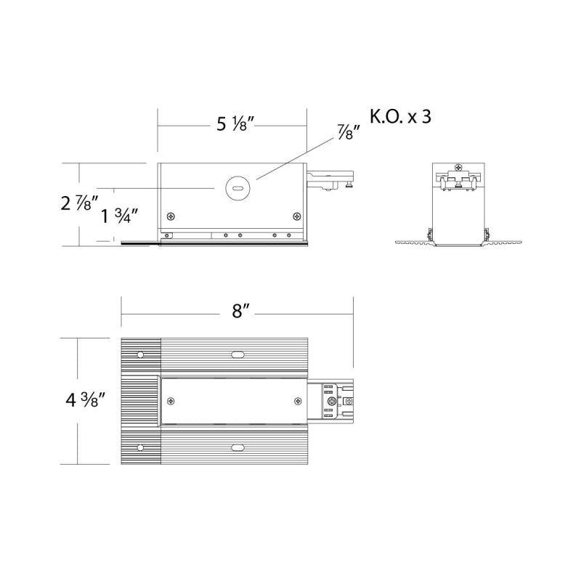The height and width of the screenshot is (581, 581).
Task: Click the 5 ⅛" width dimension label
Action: (235, 123)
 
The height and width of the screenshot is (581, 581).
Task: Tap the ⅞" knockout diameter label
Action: (349, 132)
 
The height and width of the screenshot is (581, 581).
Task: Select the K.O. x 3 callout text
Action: (401, 116)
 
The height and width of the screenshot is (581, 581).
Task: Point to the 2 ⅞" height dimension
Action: (80, 203)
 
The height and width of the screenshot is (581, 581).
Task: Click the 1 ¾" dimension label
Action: (120, 216)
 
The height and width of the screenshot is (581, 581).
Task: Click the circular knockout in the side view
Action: (238, 188)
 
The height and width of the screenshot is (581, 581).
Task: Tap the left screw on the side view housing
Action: (171, 216)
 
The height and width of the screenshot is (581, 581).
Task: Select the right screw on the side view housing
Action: (297, 216)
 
